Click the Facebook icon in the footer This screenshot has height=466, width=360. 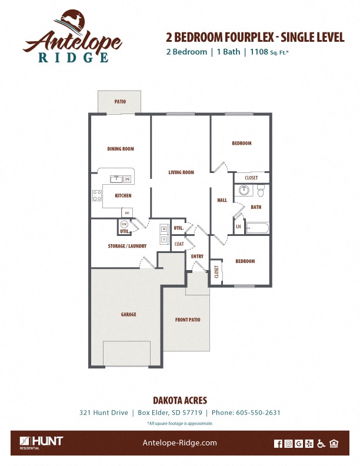[x=278, y=444]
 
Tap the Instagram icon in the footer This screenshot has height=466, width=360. [x=288, y=444]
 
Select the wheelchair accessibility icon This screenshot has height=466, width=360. [x=321, y=444]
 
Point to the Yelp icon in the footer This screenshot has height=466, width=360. [x=309, y=444]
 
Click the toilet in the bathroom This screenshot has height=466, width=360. [x=261, y=191]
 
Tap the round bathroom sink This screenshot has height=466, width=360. [x=244, y=191]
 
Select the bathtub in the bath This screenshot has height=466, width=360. [x=256, y=228]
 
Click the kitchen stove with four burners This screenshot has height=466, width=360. [x=97, y=195]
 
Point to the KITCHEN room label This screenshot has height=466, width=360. [x=123, y=195]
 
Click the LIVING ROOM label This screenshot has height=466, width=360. [x=181, y=172]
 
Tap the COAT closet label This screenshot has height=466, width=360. [x=179, y=243]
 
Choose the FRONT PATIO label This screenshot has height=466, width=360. [x=188, y=319]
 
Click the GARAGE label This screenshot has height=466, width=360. [x=128, y=314]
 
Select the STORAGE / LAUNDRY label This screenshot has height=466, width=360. [x=127, y=246]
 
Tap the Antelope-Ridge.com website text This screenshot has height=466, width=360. [x=180, y=443]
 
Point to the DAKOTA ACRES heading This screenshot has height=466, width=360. [x=179, y=400]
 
